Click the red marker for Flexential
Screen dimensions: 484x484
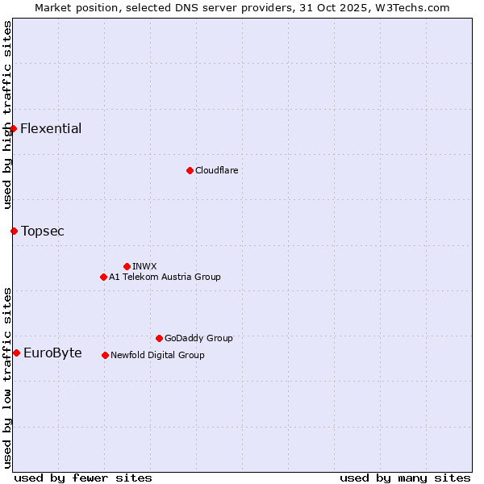click(x=13, y=128)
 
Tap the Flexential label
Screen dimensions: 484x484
click(x=51, y=129)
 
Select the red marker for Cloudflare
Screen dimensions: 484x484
click(x=190, y=170)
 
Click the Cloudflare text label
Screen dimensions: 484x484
click(x=216, y=171)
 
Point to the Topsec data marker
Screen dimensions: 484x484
click(x=14, y=231)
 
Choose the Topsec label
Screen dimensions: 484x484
click(x=43, y=232)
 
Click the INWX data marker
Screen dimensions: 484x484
click(x=127, y=266)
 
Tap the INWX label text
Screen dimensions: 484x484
click(x=144, y=267)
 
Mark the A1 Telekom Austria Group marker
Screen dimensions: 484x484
click(x=103, y=277)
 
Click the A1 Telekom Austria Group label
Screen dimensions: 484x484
click(x=165, y=277)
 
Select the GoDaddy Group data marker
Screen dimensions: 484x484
click(x=159, y=338)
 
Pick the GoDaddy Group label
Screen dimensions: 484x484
click(x=198, y=339)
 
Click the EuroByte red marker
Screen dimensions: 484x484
click(x=16, y=353)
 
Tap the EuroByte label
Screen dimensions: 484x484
click(x=52, y=353)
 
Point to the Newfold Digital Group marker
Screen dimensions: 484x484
click(x=106, y=355)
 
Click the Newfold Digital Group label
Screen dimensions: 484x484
click(x=157, y=356)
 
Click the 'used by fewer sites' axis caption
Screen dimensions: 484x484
click(x=83, y=478)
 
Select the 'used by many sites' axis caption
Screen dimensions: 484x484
click(x=405, y=478)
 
